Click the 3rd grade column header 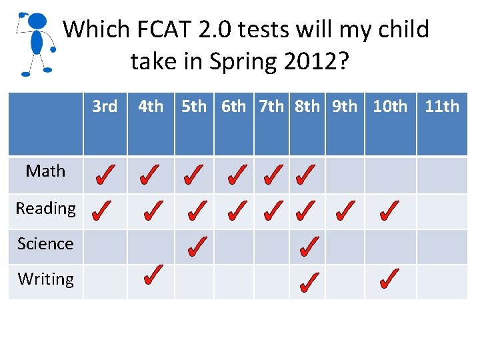tap(105, 106)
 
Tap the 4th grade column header tap(150, 106)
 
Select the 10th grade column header tap(390, 106)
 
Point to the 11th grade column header tap(442, 106)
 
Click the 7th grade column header tap(271, 106)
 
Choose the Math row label tap(45, 171)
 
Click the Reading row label tap(45, 209)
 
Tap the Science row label tap(45, 243)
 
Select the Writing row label tap(45, 279)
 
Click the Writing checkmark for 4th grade tap(153, 274)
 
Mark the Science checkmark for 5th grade tap(195, 247)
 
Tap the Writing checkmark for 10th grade tap(389, 279)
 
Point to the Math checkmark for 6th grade tap(235, 175)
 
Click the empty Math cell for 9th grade tap(345, 175)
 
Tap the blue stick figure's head tap(39, 21)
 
